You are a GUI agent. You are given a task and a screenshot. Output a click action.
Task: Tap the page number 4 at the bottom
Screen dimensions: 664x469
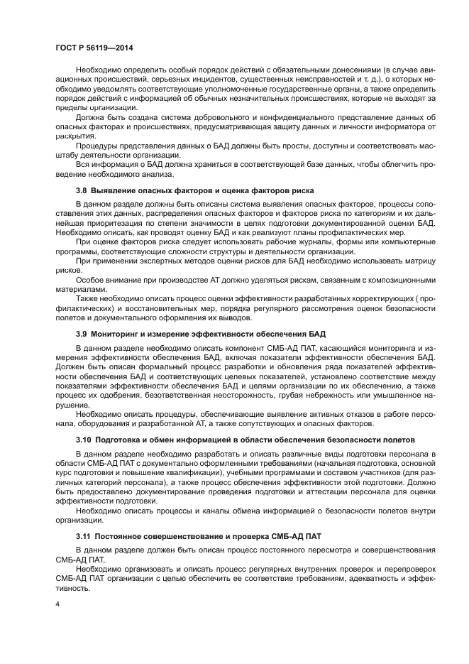(57, 603)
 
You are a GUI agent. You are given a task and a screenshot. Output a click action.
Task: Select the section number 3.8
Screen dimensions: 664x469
(82, 191)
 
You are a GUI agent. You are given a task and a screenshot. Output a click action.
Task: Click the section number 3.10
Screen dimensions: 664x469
(84, 441)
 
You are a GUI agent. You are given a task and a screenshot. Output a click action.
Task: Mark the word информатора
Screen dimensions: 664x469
(390, 126)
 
